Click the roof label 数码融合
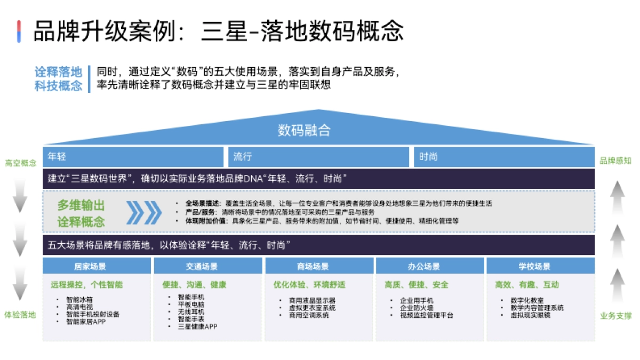click(304, 130)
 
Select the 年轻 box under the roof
click(133, 157)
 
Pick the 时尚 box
click(503, 157)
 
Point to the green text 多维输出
click(81, 205)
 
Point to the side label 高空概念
click(21, 163)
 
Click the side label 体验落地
click(21, 315)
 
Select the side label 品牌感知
click(615, 161)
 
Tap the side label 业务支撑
click(615, 316)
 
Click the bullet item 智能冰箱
click(79, 300)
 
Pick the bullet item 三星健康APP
click(197, 326)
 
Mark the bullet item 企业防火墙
click(417, 308)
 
